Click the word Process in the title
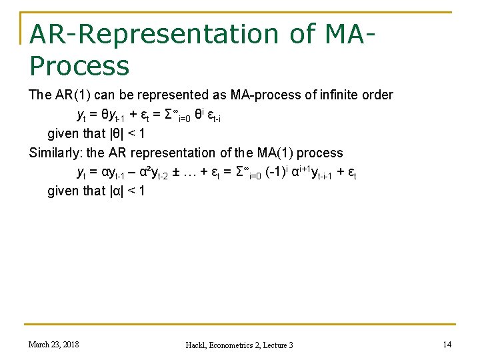pyautogui.click(x=79, y=65)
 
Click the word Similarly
pyautogui.click(x=56, y=153)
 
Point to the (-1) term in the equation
pyautogui.click(x=277, y=172)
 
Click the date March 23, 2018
pyautogui.click(x=53, y=344)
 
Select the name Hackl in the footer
pyautogui.click(x=197, y=345)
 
